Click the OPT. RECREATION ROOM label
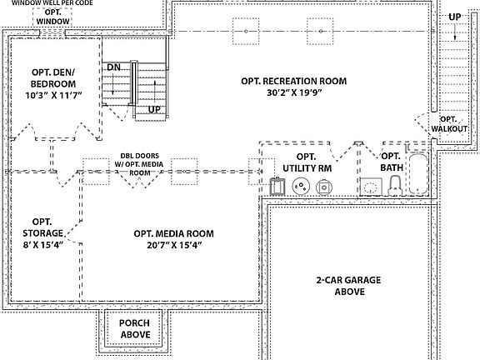[x=294, y=81]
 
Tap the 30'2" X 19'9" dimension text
[x=293, y=92]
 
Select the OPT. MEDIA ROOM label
[x=173, y=233]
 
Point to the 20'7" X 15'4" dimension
[x=174, y=245]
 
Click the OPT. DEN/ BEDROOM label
[x=53, y=78]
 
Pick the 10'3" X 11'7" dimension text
[x=53, y=95]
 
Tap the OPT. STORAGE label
[x=42, y=227]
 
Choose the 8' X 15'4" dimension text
[x=42, y=245]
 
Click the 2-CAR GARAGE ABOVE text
[x=348, y=286]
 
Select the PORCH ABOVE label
[x=135, y=329]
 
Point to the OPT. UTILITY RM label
[x=307, y=162]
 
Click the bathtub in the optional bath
[x=418, y=174]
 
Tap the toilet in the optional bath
[x=395, y=186]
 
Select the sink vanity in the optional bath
[x=371, y=187]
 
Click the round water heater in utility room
[x=301, y=186]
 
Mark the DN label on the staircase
[x=113, y=67]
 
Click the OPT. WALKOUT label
[x=449, y=124]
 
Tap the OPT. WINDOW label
[x=52, y=17]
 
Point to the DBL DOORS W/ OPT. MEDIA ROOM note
[x=139, y=164]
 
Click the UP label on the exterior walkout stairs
[x=455, y=17]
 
